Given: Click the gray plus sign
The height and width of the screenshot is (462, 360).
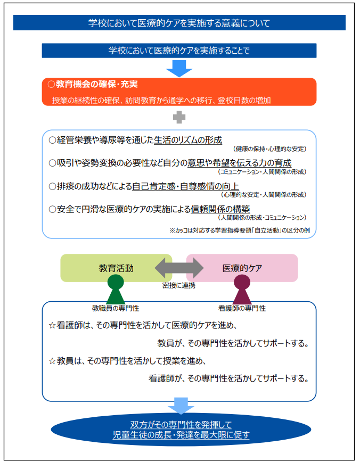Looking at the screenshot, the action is coord(179,117).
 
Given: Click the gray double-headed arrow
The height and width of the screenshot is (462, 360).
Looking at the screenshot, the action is coord(179,268).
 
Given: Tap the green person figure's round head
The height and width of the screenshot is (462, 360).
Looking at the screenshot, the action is coord(116,282).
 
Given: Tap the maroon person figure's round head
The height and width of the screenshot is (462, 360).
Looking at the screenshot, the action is coord(242,282).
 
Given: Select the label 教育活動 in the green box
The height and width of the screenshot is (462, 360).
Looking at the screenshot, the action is coord(116,268).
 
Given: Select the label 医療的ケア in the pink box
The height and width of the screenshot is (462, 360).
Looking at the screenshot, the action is coord(242,268).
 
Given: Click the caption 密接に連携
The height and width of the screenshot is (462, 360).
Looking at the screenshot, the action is coord(179,285).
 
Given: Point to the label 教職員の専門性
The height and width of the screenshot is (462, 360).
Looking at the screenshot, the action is coord(116,308).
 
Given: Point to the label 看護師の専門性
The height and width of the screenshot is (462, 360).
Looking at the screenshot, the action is coord(242,308).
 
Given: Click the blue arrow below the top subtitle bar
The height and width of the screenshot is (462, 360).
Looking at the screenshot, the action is coord(179,69).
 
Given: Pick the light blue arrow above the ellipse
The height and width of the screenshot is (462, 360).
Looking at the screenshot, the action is coord(181,406).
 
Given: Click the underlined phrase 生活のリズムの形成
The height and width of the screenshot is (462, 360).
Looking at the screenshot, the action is coord(188,140).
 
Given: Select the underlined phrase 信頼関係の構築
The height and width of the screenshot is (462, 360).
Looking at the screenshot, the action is coord(220,209).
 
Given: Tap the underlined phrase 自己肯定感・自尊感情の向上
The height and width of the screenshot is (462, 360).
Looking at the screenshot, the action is coord(185,186).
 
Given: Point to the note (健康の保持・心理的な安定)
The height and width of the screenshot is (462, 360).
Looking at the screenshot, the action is coord(270,149).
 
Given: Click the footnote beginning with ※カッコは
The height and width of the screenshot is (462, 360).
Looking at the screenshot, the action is coord(240,230).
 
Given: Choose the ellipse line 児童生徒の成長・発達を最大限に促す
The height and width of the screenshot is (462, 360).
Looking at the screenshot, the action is coord(181,435).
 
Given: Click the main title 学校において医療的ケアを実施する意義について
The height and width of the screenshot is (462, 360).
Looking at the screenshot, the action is coord(179,23).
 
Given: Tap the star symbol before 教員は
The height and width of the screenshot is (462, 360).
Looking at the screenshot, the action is coord(52,361).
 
